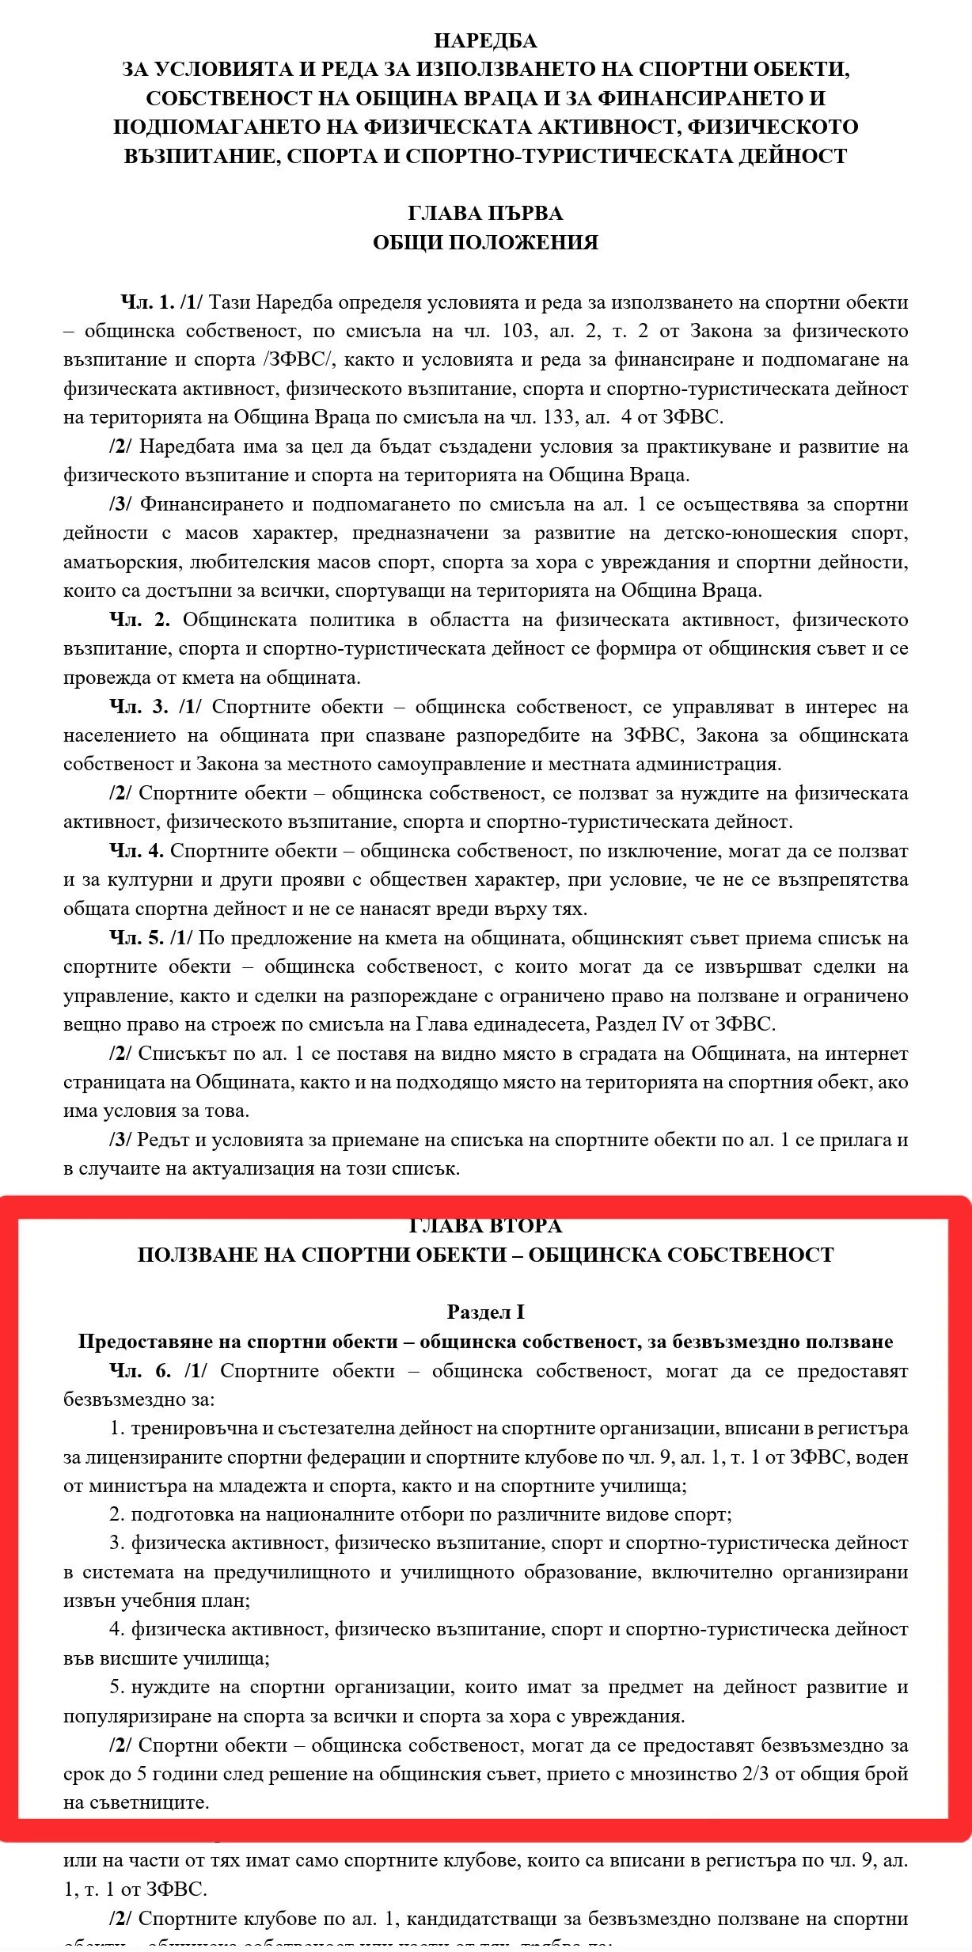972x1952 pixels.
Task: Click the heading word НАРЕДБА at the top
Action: point(485,40)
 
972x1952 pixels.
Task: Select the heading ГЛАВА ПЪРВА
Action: point(485,213)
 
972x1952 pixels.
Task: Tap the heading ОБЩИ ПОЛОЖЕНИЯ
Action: point(485,242)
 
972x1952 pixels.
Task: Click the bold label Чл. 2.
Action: point(139,620)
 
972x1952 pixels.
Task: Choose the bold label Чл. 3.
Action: point(139,707)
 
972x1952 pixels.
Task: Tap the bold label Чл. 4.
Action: point(136,851)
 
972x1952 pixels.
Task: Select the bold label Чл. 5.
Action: point(136,938)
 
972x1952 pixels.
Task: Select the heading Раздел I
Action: point(485,1312)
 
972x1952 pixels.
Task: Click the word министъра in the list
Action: point(134,1486)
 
